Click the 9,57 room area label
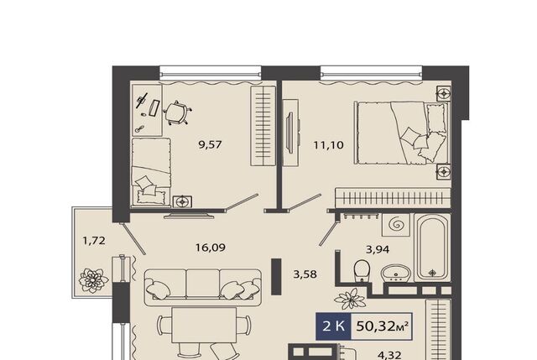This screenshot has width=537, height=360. tap(211, 144)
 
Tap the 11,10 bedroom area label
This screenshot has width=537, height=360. tap(328, 145)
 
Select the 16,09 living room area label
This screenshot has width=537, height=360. tap(211, 248)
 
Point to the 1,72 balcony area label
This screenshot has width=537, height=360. tap(94, 241)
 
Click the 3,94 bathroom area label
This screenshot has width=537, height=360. tap(378, 249)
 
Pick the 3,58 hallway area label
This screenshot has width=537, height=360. tap(305, 274)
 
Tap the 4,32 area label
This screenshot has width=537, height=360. tap(390, 355)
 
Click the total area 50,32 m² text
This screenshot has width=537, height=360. tap(383, 326)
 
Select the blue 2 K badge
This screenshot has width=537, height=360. tap(334, 326)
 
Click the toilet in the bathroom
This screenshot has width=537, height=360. tap(362, 270)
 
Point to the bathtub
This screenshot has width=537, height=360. tap(433, 248)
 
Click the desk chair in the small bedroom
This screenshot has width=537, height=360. tap(177, 112)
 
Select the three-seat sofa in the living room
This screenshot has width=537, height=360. tap(202, 287)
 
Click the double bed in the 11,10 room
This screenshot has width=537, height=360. tap(402, 133)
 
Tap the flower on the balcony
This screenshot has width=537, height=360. tap(93, 280)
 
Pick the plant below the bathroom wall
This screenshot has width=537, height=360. tap(351, 299)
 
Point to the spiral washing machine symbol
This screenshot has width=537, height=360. tap(397, 225)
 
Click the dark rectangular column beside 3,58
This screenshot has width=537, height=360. tap(276, 276)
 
